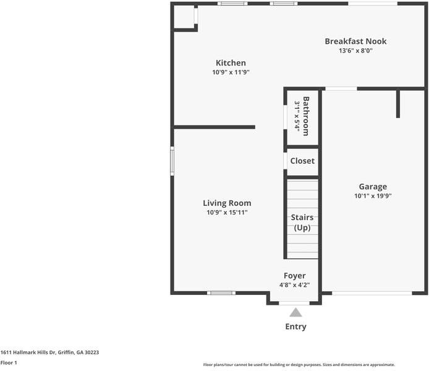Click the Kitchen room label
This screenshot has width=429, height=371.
click(x=231, y=63)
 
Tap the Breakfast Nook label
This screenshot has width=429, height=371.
click(x=355, y=41)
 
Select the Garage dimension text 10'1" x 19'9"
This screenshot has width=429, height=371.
click(x=373, y=195)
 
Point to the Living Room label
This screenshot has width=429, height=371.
click(x=227, y=203)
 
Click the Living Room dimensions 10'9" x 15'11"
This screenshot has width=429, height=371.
click(x=227, y=212)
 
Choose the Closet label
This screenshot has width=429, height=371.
click(x=302, y=161)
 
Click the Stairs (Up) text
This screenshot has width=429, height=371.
click(x=302, y=223)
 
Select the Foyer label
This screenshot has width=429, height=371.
click(x=294, y=276)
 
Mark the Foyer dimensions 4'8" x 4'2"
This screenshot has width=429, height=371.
click(x=294, y=285)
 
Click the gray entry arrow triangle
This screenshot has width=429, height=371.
click(x=295, y=313)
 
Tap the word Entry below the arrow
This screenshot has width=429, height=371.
click(x=295, y=326)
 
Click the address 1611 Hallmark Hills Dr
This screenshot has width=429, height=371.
click(x=28, y=352)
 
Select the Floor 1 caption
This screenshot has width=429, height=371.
click(x=9, y=363)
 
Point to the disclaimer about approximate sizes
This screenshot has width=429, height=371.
click(x=299, y=365)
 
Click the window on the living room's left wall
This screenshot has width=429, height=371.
click(x=172, y=161)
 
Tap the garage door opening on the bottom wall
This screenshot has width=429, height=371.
click(x=372, y=293)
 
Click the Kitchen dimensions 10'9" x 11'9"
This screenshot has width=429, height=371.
click(x=231, y=72)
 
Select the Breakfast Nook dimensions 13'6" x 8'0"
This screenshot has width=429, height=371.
click(x=355, y=51)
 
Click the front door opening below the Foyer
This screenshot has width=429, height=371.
click(x=294, y=303)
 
